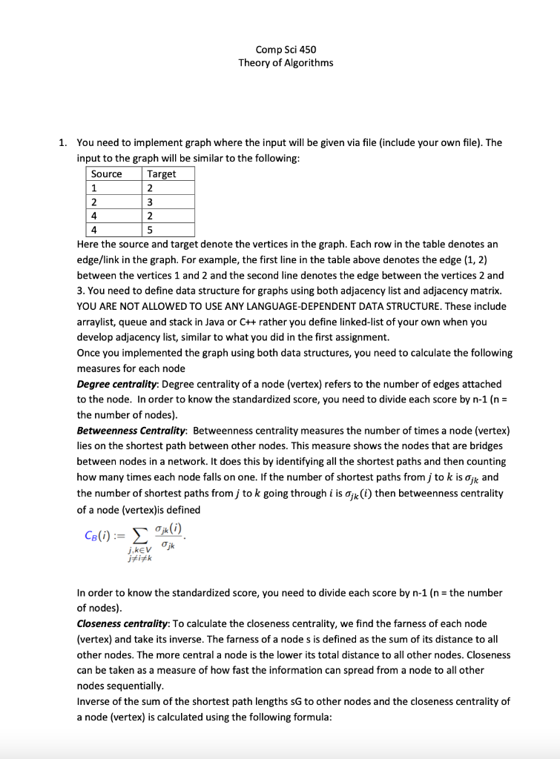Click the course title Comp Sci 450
286,50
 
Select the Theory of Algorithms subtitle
286,62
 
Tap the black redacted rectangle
286,90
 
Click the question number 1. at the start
64,143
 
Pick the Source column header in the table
106,173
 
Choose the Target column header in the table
162,173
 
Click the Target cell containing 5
151,230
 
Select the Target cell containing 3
151,202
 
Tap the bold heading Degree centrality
117,384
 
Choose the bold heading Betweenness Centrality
131,431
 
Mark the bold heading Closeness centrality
122,624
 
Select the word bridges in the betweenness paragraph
485,446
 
